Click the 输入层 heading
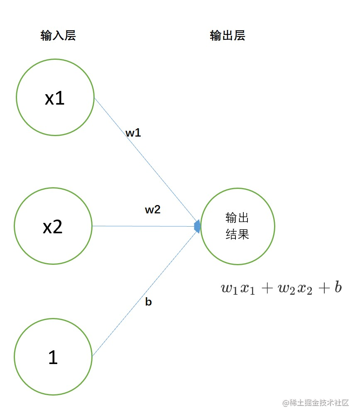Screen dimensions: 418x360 tap(58, 36)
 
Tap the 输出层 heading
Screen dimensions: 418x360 tap(228, 36)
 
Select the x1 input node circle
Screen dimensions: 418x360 tap(55, 98)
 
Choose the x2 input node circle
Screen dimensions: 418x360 tap(53, 226)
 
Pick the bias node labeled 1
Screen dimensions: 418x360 tap(53, 357)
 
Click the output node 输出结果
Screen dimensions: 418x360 tap(238, 226)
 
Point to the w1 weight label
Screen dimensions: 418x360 tap(133, 133)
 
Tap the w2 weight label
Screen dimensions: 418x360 tap(152, 210)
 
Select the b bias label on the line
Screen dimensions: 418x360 tap(148, 302)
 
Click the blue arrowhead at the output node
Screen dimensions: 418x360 tap(198, 226)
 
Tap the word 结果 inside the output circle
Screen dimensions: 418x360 tap(237, 235)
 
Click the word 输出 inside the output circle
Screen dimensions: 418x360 tap(237, 218)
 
